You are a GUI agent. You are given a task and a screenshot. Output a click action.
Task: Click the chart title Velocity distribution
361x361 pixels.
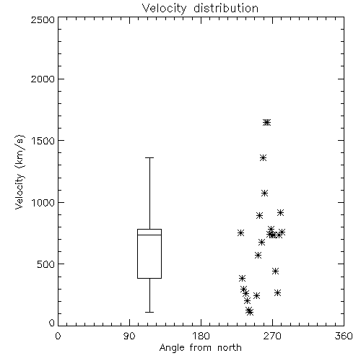point(200,8)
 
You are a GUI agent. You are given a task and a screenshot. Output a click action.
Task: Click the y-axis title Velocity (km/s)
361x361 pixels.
point(19,172)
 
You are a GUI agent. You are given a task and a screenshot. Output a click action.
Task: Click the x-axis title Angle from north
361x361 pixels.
point(200,348)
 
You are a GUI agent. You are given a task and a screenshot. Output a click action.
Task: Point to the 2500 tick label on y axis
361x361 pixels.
point(43,19)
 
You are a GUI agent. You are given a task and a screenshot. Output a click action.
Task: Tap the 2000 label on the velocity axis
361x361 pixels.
point(43,79)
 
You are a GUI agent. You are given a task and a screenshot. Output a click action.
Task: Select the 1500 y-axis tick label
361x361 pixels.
point(43,141)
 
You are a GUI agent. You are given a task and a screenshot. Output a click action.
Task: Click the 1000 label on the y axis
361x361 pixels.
point(43,203)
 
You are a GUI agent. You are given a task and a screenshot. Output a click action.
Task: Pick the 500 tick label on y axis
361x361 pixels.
point(46,264)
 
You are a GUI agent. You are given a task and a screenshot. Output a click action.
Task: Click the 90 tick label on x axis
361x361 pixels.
point(129,336)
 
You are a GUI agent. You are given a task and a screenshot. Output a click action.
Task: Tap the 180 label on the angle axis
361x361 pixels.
point(201,336)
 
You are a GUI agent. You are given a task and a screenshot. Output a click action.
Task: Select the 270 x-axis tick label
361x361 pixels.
point(272,336)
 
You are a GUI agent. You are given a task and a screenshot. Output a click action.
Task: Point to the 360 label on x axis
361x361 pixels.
point(344,336)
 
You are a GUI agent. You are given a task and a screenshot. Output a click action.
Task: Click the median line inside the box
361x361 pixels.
point(149,235)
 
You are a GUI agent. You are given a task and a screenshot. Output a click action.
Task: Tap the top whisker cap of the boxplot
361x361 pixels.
point(149,158)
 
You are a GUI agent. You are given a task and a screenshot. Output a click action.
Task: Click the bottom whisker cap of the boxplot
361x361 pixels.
point(149,312)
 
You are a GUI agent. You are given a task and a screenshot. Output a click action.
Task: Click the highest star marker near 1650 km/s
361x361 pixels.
point(266,123)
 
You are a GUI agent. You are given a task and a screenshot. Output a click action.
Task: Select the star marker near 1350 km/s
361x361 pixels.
point(263,158)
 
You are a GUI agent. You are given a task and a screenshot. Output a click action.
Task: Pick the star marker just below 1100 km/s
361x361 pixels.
point(265,193)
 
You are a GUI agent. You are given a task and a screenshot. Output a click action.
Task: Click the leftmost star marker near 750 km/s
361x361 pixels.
point(240,232)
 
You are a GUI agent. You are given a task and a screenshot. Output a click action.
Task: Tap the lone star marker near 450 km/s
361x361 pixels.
point(275,271)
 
